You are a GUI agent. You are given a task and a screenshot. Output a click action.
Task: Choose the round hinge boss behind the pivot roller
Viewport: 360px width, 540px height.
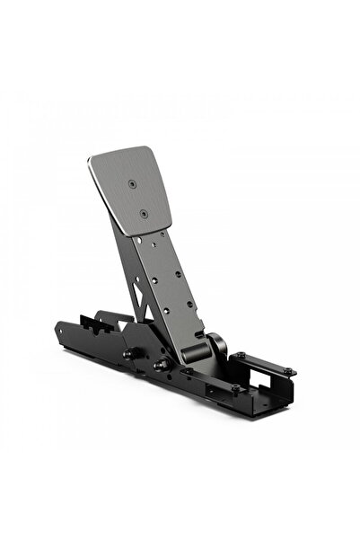pos(215,342)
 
